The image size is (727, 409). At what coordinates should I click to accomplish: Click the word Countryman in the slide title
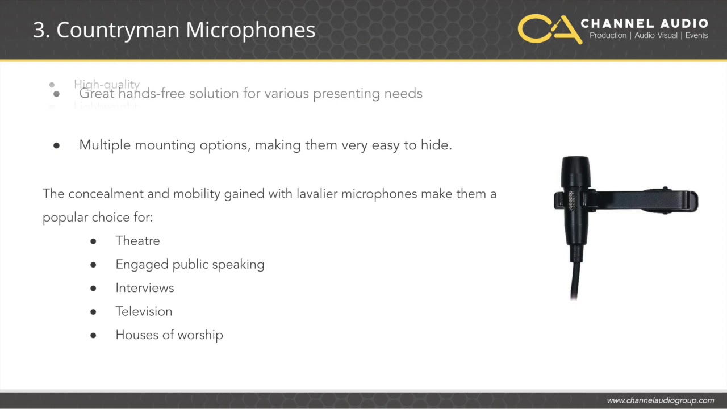(118, 30)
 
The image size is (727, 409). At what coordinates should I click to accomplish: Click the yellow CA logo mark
(549, 29)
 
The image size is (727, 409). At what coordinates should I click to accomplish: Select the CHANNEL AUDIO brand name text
(644, 24)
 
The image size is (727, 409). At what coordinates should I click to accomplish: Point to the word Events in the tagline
(696, 36)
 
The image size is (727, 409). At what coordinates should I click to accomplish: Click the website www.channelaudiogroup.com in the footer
(660, 400)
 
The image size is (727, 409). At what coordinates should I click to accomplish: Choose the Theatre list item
(137, 241)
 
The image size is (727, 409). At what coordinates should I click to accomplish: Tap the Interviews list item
(144, 288)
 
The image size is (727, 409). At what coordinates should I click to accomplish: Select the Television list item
(144, 311)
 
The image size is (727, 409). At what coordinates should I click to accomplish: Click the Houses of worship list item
(169, 335)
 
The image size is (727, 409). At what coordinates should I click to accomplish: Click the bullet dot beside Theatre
(93, 241)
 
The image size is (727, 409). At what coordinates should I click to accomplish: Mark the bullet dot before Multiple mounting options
(56, 145)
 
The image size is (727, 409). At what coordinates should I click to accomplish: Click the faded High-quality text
(107, 84)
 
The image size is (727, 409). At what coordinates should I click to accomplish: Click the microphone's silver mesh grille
(571, 201)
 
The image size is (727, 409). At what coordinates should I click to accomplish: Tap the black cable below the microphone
(575, 278)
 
